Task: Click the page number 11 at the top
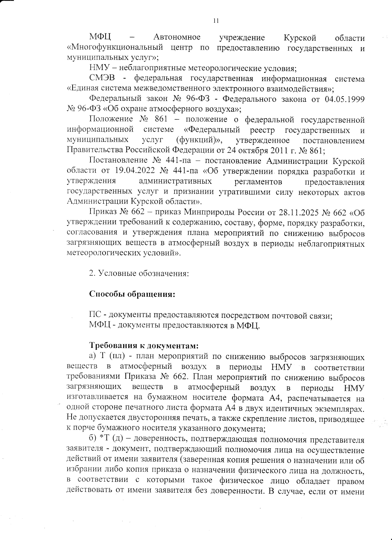tap(216, 21)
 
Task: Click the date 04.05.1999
tap(345, 99)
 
